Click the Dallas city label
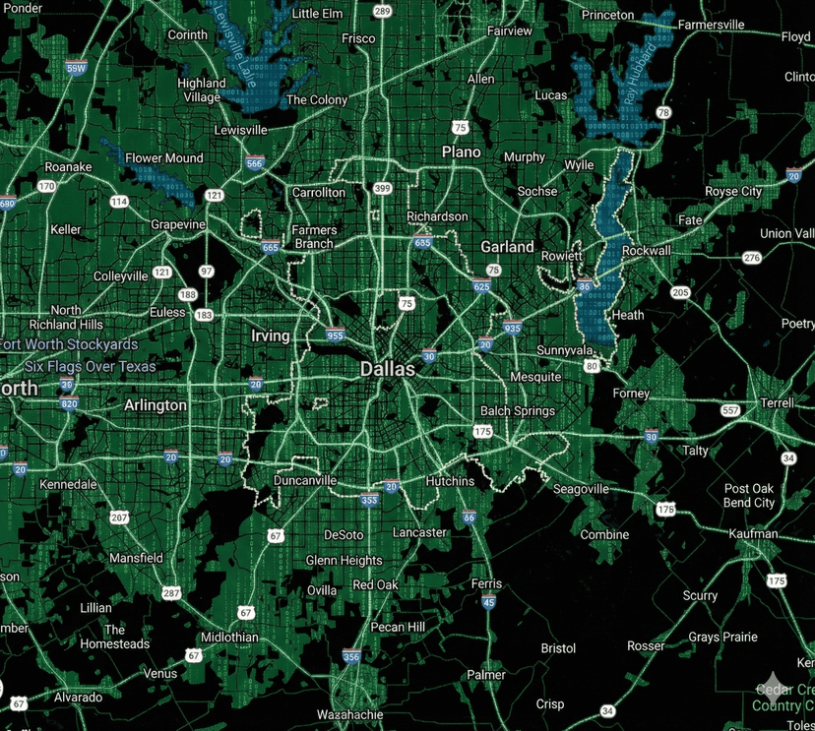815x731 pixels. (x=388, y=369)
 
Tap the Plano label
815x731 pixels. (x=461, y=152)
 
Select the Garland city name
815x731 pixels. (x=507, y=247)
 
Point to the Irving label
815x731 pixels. (x=271, y=335)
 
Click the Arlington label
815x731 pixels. (x=156, y=404)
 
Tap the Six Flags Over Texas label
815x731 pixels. (x=91, y=366)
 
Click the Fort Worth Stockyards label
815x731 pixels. (x=69, y=344)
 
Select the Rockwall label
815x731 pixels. (x=647, y=251)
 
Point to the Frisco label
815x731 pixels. (x=358, y=38)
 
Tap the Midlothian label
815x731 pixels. (x=229, y=637)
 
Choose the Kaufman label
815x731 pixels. (x=755, y=533)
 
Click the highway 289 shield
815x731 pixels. (x=383, y=12)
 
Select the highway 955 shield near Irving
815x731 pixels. (x=335, y=335)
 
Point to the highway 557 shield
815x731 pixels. (x=729, y=409)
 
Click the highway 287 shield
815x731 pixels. (x=172, y=593)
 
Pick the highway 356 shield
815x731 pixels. (x=351, y=656)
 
